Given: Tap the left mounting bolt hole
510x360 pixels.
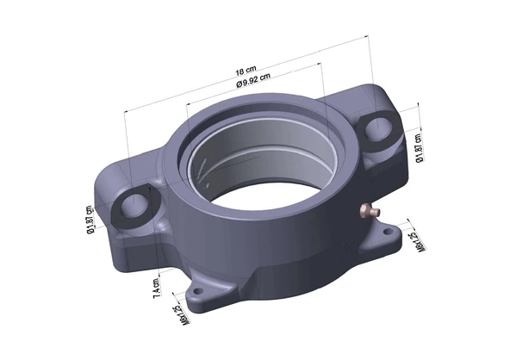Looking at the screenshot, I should pos(134,205).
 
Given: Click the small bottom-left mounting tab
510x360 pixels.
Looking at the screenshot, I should pos(207,294).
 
